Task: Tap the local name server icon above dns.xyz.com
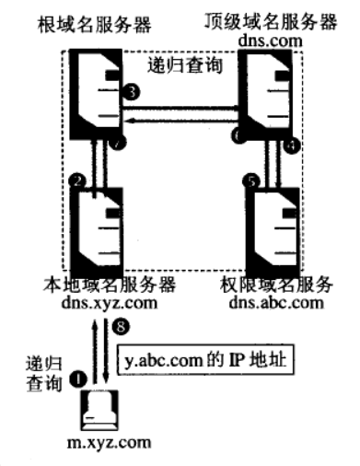tap(101, 226)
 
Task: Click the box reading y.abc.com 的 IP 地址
tap(205, 363)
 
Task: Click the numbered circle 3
tap(134, 92)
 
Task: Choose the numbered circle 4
tap(296, 146)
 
